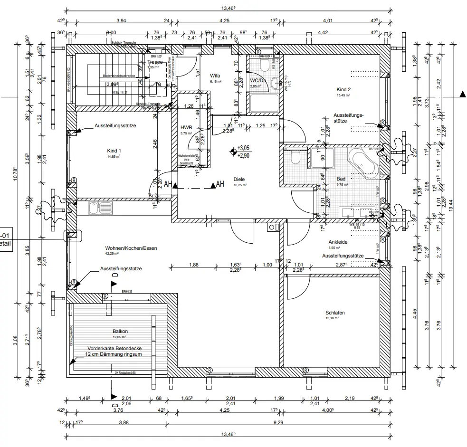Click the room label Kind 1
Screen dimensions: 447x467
tap(114, 151)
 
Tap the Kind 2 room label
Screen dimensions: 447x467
tap(343, 89)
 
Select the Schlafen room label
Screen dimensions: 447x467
tap(335, 313)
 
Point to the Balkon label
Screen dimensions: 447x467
tap(120, 332)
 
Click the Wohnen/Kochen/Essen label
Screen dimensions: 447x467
tap(132, 248)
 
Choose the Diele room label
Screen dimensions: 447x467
tap(238, 180)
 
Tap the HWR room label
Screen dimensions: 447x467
tap(185, 128)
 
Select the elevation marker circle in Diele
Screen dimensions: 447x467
tap(233, 152)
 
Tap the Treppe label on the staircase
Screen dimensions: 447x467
tap(155, 62)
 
